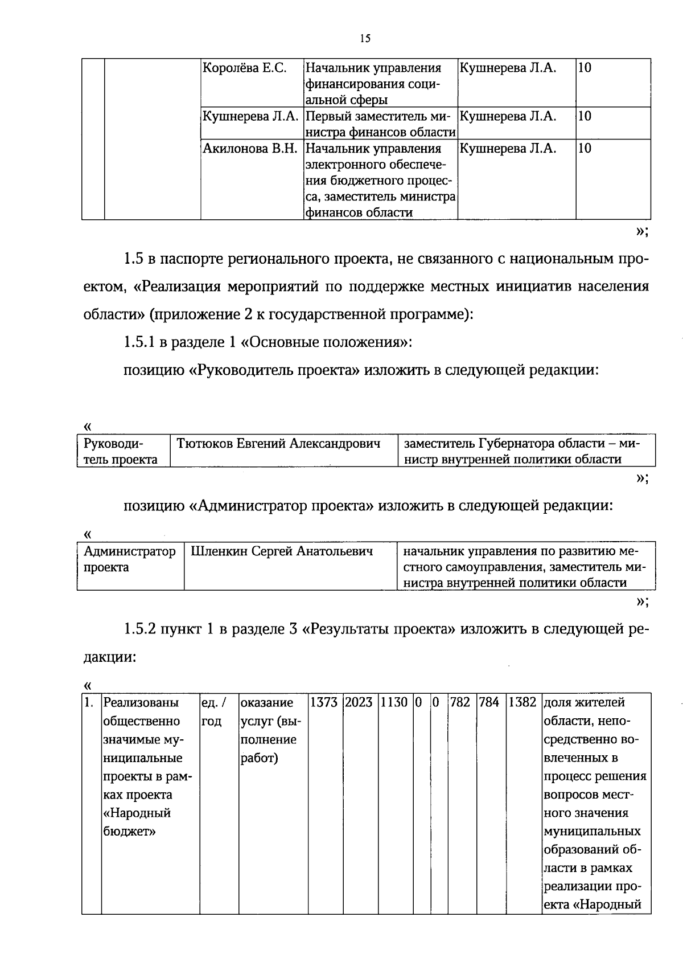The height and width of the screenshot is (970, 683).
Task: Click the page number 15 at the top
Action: click(x=365, y=39)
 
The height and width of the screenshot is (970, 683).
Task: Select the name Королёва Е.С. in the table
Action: click(x=244, y=68)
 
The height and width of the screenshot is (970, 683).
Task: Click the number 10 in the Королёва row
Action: click(x=584, y=68)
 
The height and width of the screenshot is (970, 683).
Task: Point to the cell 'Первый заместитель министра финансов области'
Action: click(x=380, y=124)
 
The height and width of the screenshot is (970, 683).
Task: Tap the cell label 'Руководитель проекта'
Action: click(x=120, y=451)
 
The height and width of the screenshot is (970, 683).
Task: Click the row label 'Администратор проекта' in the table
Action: click(x=129, y=559)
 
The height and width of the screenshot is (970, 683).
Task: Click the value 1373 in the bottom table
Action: click(x=324, y=703)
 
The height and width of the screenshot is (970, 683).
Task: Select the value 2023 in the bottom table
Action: click(x=359, y=703)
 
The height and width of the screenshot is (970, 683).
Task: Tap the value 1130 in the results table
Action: click(x=394, y=703)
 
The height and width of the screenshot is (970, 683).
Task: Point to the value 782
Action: click(x=460, y=703)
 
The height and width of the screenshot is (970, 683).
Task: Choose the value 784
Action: click(x=488, y=703)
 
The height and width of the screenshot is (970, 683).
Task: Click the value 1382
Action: click(x=522, y=703)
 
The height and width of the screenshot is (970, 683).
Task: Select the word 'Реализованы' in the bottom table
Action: click(x=141, y=703)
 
